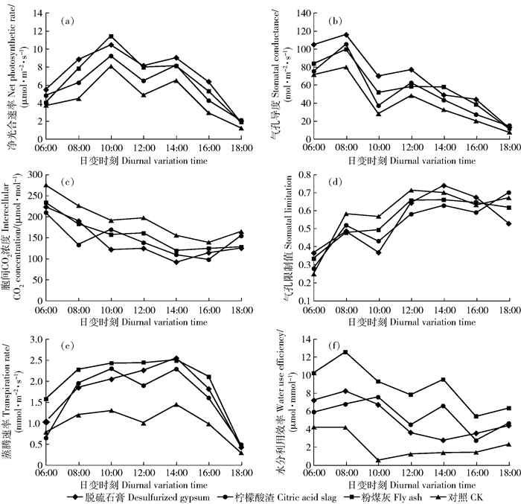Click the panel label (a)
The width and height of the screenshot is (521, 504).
tap(67, 22)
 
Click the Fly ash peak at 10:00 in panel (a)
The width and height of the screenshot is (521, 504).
tap(111, 36)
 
